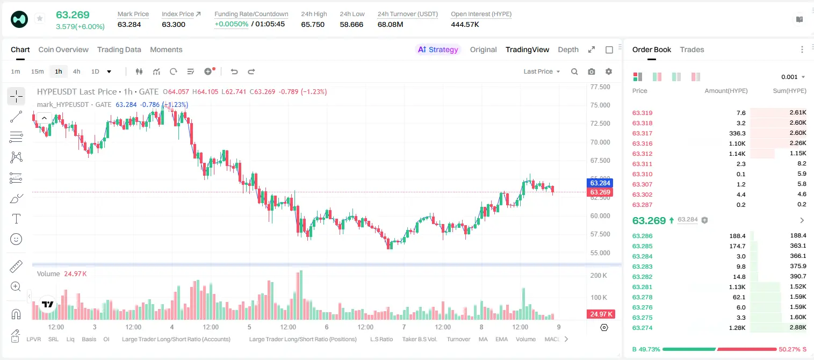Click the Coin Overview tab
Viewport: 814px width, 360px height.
click(63, 49)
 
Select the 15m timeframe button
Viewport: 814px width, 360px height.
click(38, 71)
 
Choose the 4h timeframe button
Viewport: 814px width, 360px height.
click(76, 71)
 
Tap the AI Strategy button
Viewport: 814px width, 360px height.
click(438, 49)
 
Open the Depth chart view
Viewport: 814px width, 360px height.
click(568, 49)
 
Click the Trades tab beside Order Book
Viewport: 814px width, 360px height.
click(692, 49)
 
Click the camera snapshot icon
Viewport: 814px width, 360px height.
click(592, 71)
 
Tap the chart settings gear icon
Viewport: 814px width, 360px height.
click(609, 71)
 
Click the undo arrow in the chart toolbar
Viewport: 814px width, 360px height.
click(234, 71)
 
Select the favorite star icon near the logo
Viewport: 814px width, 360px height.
click(40, 18)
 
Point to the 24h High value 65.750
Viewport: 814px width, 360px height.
click(313, 24)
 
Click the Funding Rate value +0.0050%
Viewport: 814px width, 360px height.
click(232, 24)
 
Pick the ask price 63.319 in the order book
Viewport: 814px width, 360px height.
click(642, 113)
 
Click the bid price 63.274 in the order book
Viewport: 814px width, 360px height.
click(642, 328)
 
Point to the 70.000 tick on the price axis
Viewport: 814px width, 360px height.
click(600, 142)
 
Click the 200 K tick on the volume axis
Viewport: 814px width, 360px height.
click(599, 275)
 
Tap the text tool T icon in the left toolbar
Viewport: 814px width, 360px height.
click(16, 219)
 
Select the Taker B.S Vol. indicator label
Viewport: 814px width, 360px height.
click(419, 339)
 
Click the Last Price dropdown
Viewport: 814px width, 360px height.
click(542, 71)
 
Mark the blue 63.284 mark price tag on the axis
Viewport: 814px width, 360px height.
click(600, 183)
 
